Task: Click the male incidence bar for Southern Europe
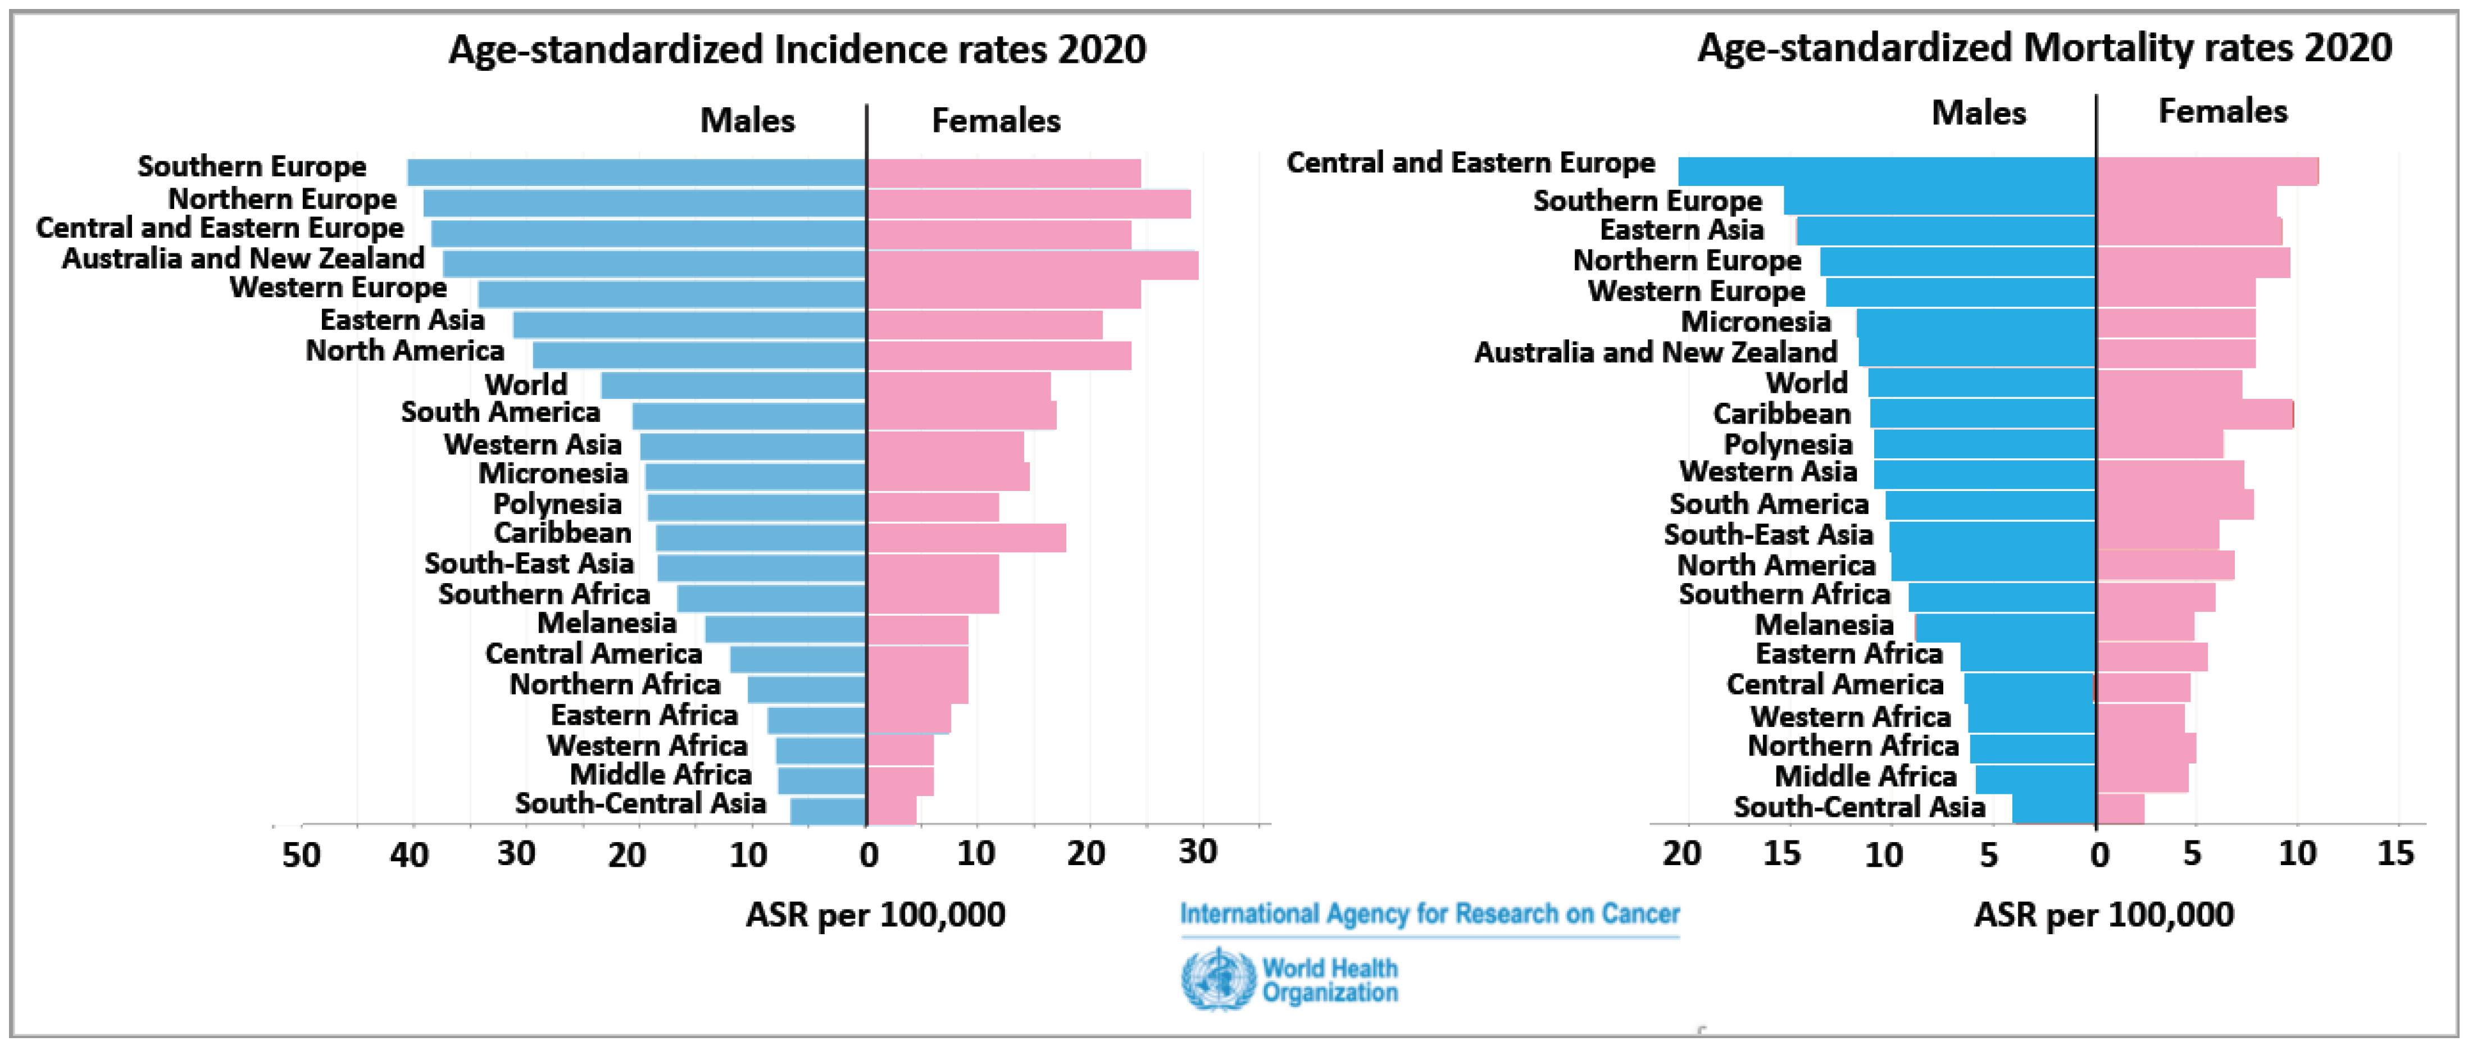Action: click(637, 172)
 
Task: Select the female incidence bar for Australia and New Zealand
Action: click(1033, 265)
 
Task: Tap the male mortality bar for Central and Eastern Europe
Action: click(1888, 171)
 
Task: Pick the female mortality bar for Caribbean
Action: click(2195, 414)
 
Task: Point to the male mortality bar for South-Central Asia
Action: click(2054, 809)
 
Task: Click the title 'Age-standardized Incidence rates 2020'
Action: click(797, 49)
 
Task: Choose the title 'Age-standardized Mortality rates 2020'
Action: click(2044, 47)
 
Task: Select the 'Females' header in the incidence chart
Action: click(997, 121)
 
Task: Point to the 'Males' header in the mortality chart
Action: click(1979, 113)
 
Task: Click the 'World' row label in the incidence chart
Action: click(526, 384)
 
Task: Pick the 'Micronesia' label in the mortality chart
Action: click(1756, 322)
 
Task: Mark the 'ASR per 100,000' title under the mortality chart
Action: click(2104, 915)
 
